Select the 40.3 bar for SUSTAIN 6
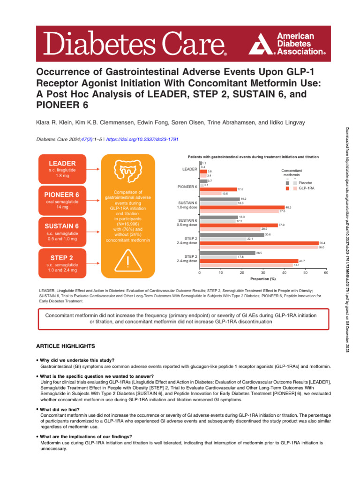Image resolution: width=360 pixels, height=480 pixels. (242, 207)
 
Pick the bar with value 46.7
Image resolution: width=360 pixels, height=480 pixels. (248, 261)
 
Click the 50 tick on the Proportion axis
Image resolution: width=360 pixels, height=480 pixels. (305, 272)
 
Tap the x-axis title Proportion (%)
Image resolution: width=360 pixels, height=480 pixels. (262, 278)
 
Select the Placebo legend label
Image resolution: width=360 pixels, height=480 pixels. (305, 182)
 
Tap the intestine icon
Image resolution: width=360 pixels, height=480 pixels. (128, 172)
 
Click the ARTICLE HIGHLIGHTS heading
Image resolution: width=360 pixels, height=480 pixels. (66, 346)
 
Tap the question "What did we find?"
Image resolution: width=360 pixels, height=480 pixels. (62, 409)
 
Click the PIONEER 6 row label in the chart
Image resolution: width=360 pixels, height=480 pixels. (187, 187)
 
